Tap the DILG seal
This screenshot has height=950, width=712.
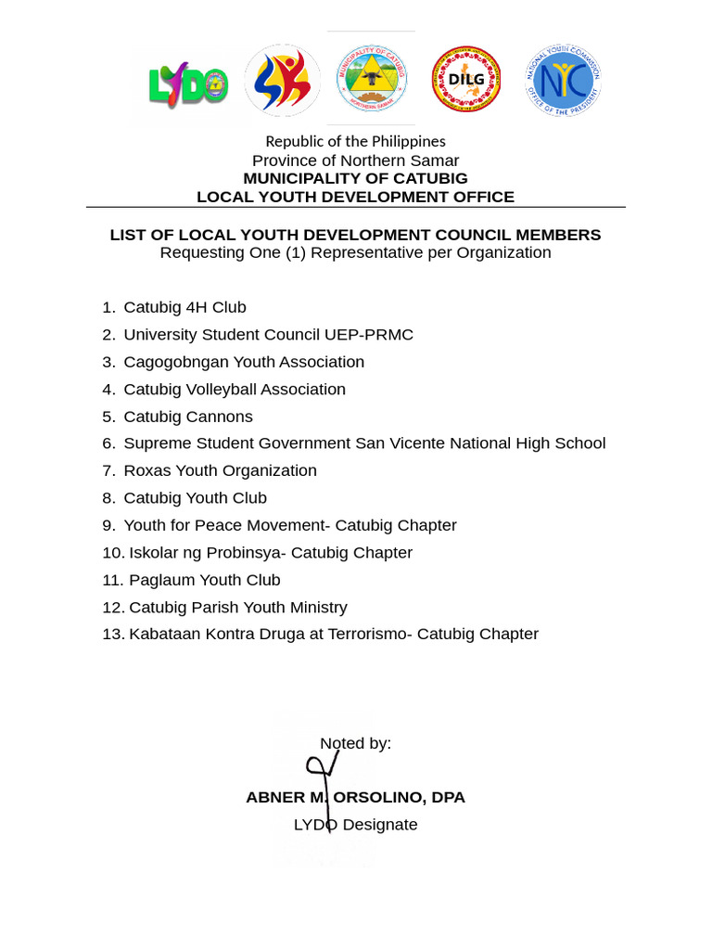click(x=466, y=80)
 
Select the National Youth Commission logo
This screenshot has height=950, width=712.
click(x=562, y=81)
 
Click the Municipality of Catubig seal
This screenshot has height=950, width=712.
click(x=371, y=79)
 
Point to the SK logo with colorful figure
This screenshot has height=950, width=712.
click(x=282, y=81)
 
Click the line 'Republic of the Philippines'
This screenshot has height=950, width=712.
click(x=355, y=141)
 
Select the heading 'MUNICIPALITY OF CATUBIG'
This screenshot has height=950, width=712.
click(x=355, y=178)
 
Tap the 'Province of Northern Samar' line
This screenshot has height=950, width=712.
click(x=355, y=160)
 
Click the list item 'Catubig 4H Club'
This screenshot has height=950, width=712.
click(x=184, y=307)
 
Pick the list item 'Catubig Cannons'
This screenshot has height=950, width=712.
click(x=188, y=417)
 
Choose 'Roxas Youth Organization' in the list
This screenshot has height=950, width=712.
click(x=220, y=470)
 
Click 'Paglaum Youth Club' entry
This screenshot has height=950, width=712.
click(x=204, y=580)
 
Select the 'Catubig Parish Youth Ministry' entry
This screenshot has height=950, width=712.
click(x=237, y=608)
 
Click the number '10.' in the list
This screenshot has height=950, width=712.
click(x=113, y=553)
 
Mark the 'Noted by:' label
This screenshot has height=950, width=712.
click(x=355, y=743)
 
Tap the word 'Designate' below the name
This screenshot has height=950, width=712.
click(x=380, y=825)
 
